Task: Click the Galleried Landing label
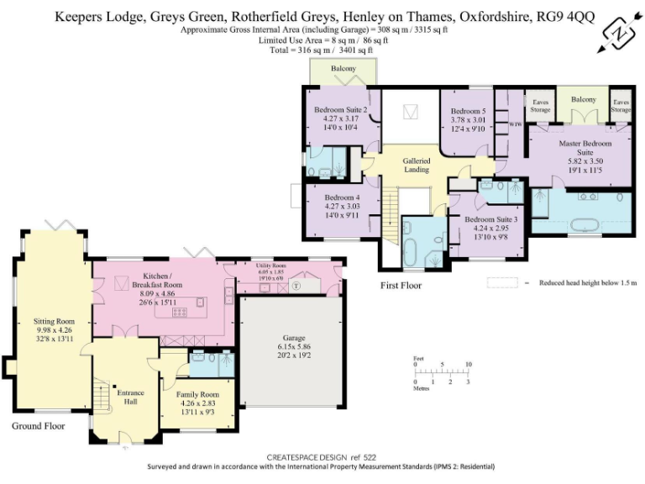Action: coord(417,165)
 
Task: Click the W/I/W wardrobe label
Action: coord(516,124)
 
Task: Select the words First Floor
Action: coord(401,286)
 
